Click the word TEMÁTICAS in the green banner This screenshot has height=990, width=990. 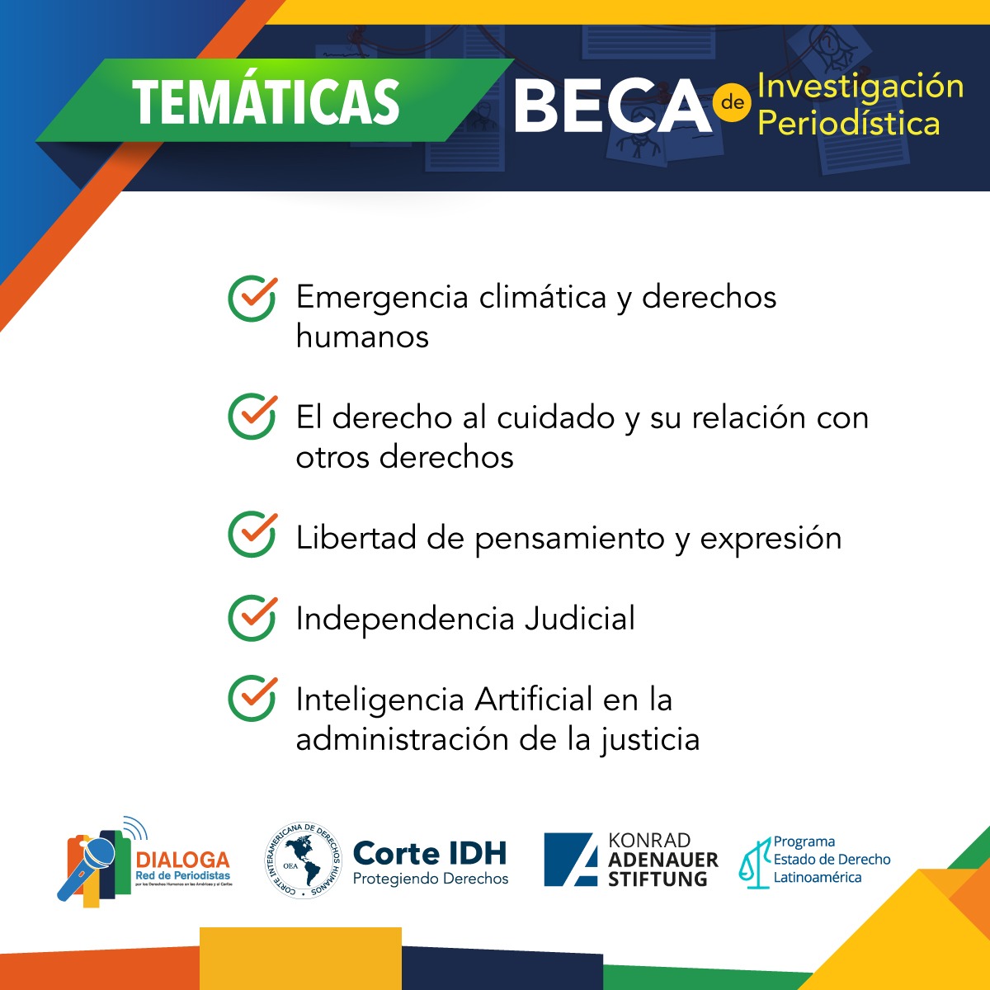pos(266,102)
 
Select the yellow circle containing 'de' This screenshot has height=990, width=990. pos(733,103)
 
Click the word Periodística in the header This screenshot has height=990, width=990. pos(848,124)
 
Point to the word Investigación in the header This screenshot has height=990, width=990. pos(860,86)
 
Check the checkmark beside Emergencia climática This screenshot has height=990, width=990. pos(252,298)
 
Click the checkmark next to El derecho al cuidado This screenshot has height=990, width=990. pos(252,417)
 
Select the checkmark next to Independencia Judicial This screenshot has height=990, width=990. pos(252,617)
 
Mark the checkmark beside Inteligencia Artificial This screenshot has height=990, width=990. pos(252,698)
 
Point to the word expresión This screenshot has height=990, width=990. pos(771,539)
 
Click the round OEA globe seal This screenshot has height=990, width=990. pos(303,860)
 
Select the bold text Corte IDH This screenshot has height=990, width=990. pos(430,853)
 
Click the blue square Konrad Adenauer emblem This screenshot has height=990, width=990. pos(570,860)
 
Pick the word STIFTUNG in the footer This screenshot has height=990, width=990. pos(658,879)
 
